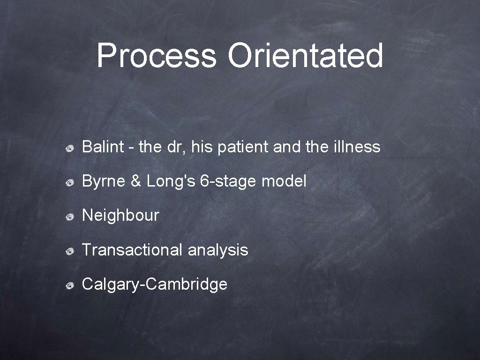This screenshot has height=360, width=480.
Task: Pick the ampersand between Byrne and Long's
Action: coord(135,181)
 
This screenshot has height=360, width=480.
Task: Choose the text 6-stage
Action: coord(229,182)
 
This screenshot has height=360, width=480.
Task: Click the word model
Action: coord(284,181)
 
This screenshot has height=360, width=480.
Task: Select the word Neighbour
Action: coord(120,216)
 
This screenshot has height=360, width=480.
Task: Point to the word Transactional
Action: coord(132,250)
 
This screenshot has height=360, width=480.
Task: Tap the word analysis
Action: coord(217,250)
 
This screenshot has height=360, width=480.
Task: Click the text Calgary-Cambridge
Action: coord(154,285)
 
